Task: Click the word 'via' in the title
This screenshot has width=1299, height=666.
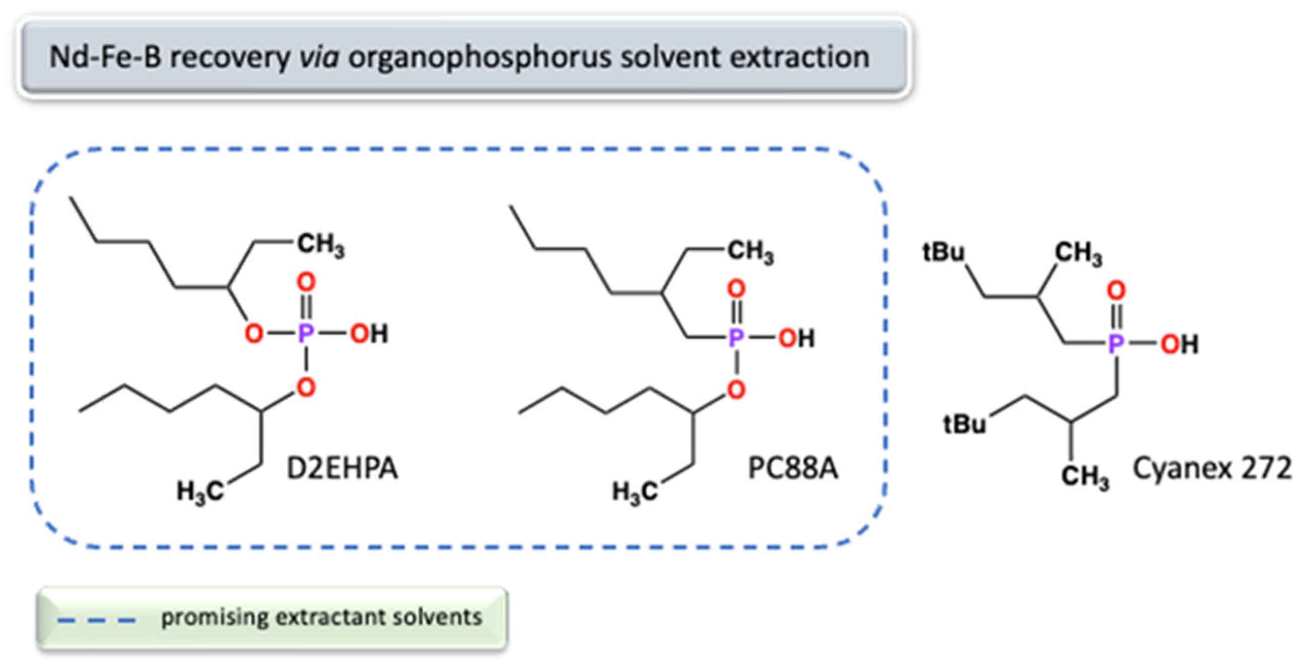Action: (319, 57)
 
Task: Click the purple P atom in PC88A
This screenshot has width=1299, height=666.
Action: (736, 338)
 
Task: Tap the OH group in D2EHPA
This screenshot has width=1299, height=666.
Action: (369, 334)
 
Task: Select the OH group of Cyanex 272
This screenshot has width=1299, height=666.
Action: (1179, 345)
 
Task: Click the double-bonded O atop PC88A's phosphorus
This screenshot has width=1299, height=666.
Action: (737, 289)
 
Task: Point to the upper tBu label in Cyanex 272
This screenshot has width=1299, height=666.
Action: (943, 253)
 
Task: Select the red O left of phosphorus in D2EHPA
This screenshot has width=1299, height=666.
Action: (254, 334)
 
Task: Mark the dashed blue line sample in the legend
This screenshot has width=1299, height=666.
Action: (96, 619)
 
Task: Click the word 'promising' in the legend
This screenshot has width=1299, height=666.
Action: (215, 618)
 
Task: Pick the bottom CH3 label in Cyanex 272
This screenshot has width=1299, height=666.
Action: (1085, 476)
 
